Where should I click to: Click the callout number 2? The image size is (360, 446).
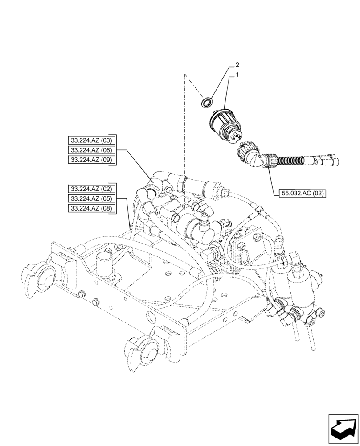pos(237,65)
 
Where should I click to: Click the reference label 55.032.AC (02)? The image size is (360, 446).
pos(303,193)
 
